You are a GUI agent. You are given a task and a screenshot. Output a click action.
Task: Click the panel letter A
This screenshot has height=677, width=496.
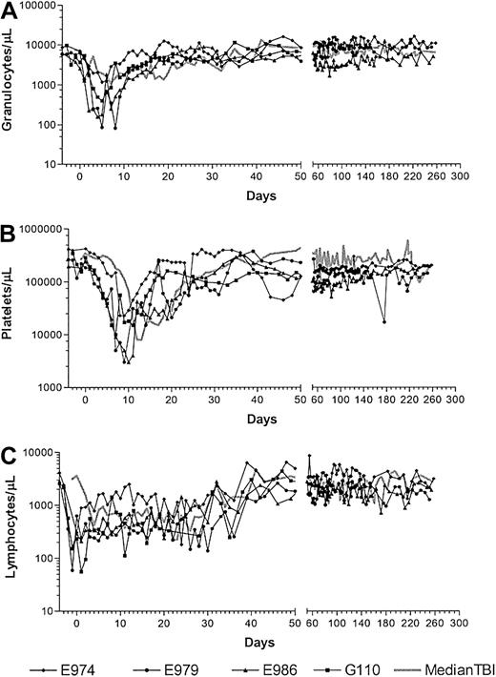[x=10, y=10]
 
